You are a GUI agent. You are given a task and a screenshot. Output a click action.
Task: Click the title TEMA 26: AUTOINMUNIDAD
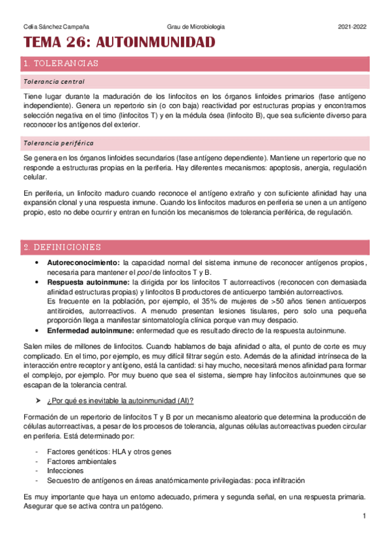tap(119, 44)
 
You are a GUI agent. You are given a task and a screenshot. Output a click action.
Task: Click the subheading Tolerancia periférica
tap(57, 142)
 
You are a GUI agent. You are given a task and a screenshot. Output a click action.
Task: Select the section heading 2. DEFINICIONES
tap(61, 248)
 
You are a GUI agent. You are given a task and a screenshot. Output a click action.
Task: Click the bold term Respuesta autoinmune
tap(88, 283)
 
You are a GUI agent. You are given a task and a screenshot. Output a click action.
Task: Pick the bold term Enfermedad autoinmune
tap(91, 330)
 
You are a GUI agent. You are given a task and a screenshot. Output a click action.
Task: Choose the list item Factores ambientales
tap(82, 461)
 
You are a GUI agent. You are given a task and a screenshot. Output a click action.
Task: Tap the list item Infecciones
tap(66, 471)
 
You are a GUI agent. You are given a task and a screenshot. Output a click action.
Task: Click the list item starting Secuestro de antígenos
tap(176, 481)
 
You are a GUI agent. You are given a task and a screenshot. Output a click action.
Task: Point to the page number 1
tap(365, 516)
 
